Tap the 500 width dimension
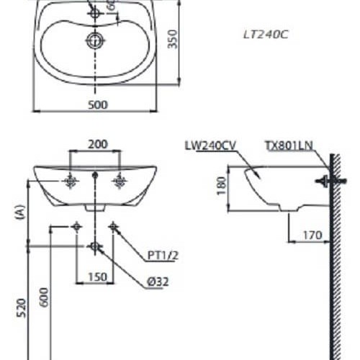click(x=98, y=104)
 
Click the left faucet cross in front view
click(x=71, y=181)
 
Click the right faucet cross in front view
click(x=120, y=181)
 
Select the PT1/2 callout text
click(x=162, y=254)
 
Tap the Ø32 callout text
click(x=157, y=282)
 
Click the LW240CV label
click(x=210, y=145)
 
